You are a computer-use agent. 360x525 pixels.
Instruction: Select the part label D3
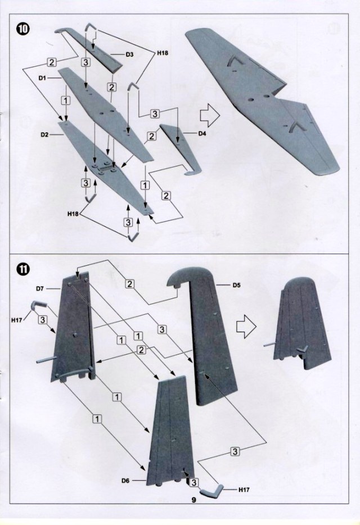(x=129, y=55)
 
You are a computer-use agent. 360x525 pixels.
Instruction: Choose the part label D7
(x=40, y=288)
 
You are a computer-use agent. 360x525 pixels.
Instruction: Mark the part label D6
(x=127, y=481)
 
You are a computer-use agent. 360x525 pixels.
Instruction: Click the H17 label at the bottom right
(x=244, y=490)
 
